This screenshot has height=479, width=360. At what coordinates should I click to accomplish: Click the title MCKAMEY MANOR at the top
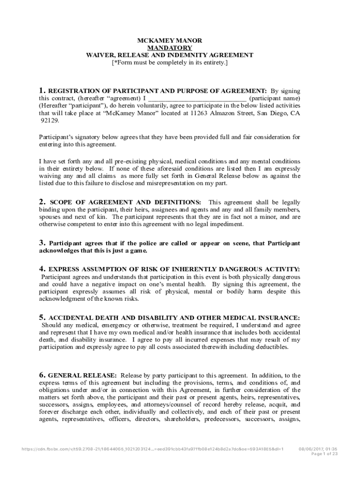click(x=169, y=41)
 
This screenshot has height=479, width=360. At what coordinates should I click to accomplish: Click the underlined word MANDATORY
click(x=169, y=48)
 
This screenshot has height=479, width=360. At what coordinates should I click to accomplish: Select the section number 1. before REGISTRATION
click(x=42, y=91)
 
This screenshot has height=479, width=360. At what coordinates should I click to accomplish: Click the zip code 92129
click(x=50, y=120)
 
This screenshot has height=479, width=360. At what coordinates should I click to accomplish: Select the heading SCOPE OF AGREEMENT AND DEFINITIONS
click(x=125, y=202)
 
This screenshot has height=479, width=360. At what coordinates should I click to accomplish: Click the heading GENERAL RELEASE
click(x=82, y=375)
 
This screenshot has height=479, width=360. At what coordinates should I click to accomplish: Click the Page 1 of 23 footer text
click(x=324, y=454)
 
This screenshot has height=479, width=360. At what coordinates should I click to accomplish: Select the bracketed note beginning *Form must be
click(x=169, y=62)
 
